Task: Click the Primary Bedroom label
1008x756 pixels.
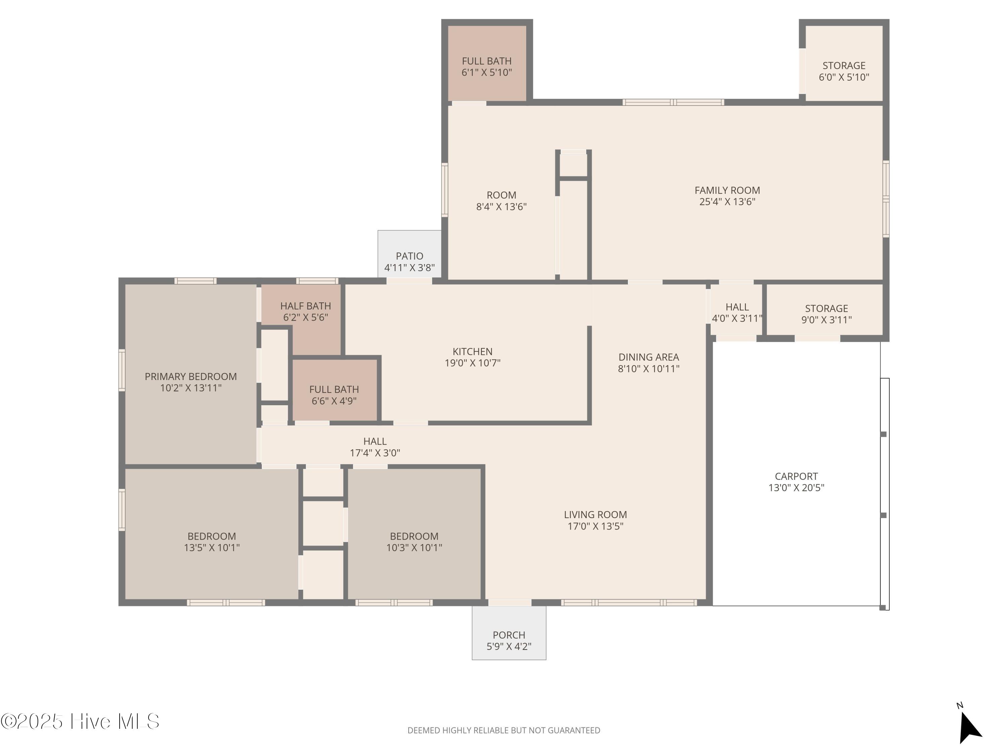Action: pos(191,376)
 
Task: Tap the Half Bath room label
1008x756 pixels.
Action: pos(305,306)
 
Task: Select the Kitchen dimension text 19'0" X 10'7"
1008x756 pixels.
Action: pos(472,363)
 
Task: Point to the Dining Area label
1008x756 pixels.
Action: pos(648,357)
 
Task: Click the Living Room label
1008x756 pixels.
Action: pos(595,514)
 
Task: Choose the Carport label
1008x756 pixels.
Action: pos(796,476)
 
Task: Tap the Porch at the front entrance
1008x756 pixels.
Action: pos(509,633)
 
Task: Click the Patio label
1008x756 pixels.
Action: pos(409,256)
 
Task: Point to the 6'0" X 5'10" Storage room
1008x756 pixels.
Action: pos(844,64)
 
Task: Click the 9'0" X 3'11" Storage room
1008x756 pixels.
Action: pos(825,311)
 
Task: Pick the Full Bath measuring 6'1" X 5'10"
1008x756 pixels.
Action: pos(487,63)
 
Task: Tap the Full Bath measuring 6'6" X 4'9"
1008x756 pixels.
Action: pos(334,390)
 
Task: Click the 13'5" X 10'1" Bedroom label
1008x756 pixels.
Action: pos(211,536)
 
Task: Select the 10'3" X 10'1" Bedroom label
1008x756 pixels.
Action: pos(414,536)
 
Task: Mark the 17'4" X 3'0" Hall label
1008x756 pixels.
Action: pos(375,441)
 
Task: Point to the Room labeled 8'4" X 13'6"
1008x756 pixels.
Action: pos(501,195)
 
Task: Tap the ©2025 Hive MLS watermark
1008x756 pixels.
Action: pos(80,721)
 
